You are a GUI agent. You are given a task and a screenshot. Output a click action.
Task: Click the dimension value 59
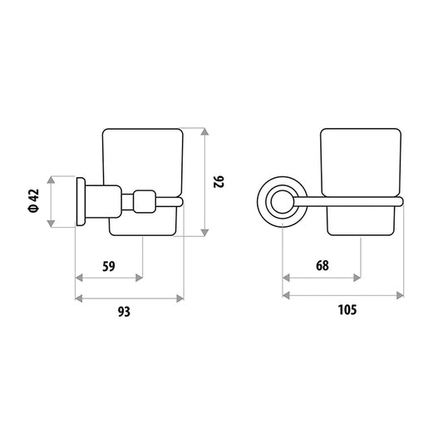click(109, 267)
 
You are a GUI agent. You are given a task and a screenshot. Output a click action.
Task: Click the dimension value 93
click(124, 312)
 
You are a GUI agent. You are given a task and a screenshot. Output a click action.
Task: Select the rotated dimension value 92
click(219, 182)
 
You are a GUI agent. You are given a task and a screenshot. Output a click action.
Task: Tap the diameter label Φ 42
click(33, 200)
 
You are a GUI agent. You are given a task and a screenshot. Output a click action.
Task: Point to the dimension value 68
click(322, 266)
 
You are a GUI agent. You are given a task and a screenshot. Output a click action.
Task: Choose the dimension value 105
click(347, 310)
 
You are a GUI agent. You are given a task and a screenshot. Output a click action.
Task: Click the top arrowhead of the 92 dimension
click(204, 131)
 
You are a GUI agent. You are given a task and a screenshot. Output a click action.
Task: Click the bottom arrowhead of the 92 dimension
click(204, 233)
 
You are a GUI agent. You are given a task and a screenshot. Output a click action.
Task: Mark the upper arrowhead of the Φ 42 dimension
click(51, 180)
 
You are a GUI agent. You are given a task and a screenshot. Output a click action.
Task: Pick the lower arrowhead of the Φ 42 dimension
click(51, 224)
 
